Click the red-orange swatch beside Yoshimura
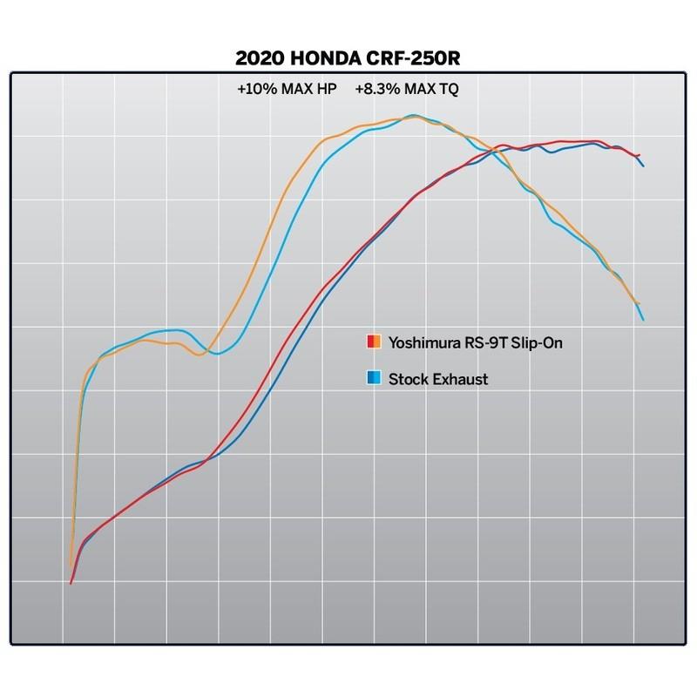tap(372, 342)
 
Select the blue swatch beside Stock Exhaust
tap(372, 378)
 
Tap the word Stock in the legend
tap(405, 378)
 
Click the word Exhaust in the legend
tap(457, 378)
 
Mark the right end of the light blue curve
tap(643, 320)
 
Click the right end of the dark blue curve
tap(643, 165)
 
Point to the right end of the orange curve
tap(639, 303)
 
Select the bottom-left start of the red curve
tap(71, 583)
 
